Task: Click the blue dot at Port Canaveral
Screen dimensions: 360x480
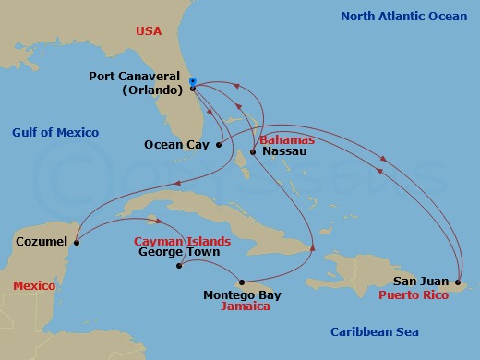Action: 192,81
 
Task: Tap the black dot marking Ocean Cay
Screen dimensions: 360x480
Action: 218,144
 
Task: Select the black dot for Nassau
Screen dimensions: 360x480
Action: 253,151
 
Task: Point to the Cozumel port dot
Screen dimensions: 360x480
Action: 76,243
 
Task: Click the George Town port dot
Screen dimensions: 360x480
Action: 179,266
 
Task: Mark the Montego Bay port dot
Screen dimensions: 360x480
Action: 241,282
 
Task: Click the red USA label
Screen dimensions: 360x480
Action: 148,31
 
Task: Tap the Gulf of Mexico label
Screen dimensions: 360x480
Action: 55,133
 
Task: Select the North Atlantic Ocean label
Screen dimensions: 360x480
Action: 403,17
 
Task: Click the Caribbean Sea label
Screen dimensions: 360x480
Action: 375,332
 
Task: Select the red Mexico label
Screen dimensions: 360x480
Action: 33,286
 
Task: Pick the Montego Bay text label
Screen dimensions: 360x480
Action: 242,295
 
